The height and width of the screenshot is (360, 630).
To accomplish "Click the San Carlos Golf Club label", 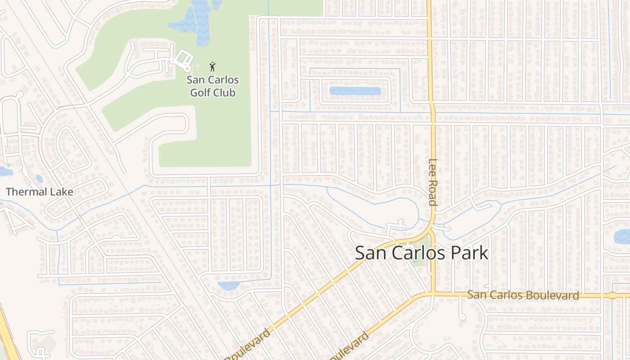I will [x=213, y=86].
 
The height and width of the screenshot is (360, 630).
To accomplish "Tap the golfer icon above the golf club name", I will [x=212, y=67].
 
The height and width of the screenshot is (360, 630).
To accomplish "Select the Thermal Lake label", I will [x=40, y=192].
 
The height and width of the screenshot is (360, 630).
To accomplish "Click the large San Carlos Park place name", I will [x=422, y=253].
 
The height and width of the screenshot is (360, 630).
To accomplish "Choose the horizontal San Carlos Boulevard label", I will [x=523, y=295].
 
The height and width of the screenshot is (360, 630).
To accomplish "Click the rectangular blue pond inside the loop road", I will [x=355, y=91].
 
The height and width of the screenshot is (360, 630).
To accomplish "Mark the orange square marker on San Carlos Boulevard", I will [x=612, y=296].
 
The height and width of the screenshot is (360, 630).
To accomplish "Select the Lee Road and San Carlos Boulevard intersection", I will [x=432, y=294].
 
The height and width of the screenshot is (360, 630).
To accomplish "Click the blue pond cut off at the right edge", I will [x=623, y=236].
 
